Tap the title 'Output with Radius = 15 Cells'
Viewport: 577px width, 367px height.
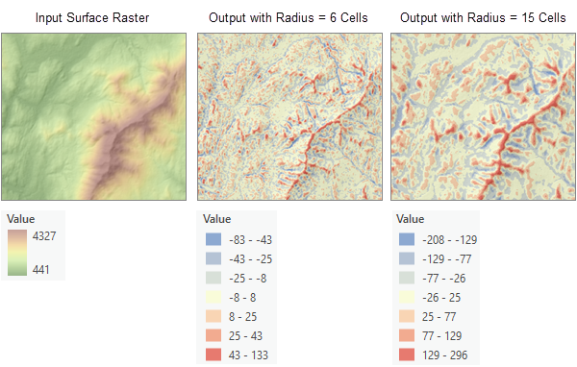tap(483, 17)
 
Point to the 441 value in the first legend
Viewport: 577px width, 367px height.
tap(42, 270)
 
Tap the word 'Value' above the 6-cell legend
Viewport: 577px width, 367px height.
tap(217, 219)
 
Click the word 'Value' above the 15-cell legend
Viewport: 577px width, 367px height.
tap(411, 219)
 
